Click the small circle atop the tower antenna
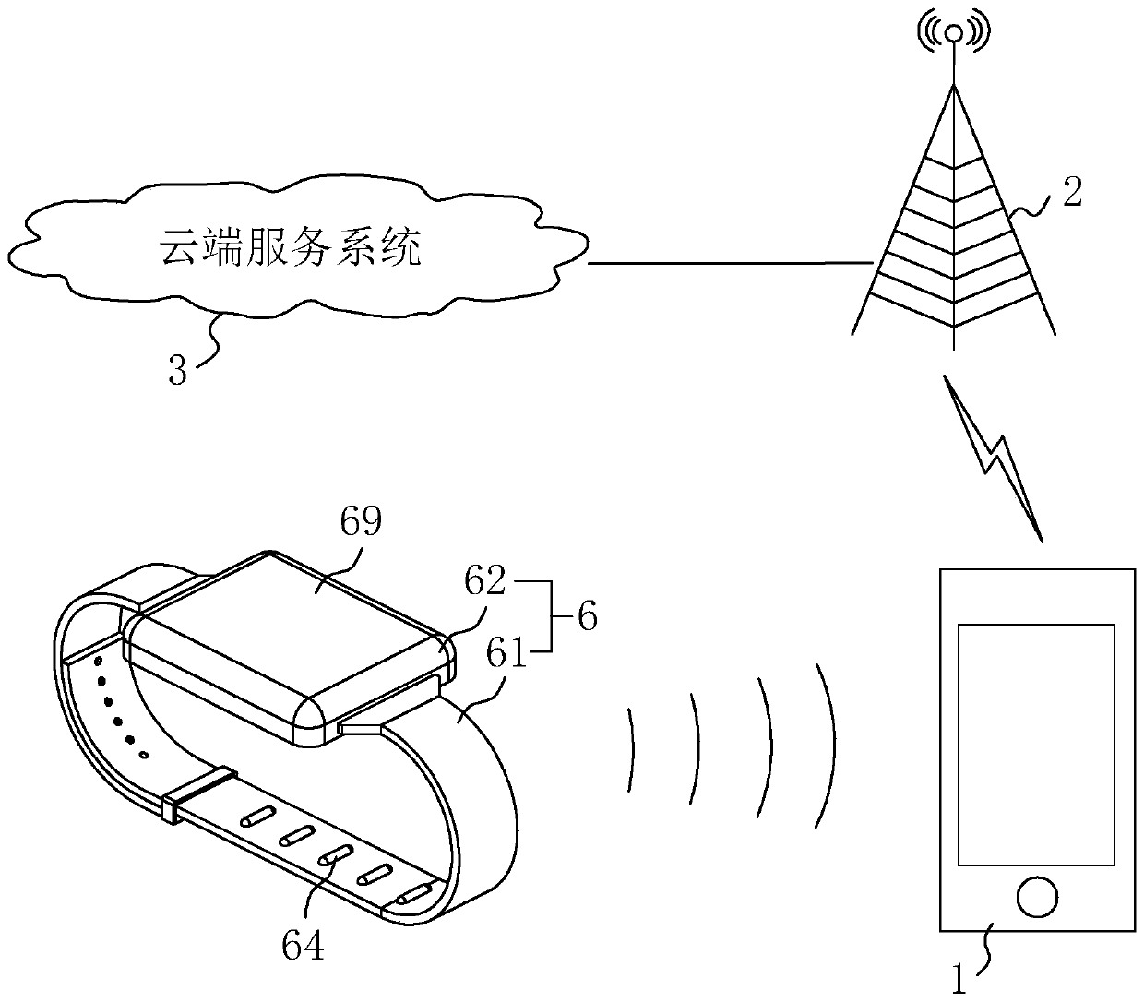tap(954, 35)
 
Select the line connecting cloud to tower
tap(729, 263)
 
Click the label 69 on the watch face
tap(361, 523)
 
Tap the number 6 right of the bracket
tap(587, 616)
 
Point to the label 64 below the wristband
tap(303, 947)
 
